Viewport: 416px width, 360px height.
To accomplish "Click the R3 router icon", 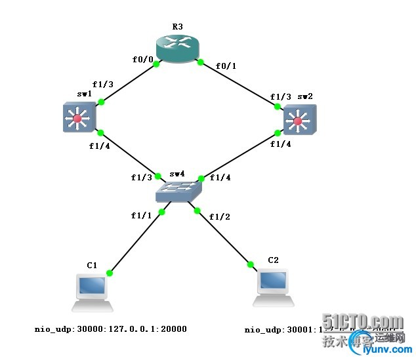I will point(177,49).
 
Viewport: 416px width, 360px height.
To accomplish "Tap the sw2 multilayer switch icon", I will point(299,121).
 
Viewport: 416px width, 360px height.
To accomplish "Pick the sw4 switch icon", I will point(178,191).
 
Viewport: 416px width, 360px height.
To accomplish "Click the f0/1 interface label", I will point(226,65).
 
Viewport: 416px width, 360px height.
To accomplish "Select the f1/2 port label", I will point(219,217).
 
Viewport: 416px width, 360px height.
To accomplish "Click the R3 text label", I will point(177,27).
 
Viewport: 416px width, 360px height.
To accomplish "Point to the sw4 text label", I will point(178,174).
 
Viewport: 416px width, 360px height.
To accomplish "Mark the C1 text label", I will point(92,265).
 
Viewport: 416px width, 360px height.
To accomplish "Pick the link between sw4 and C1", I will point(136,242).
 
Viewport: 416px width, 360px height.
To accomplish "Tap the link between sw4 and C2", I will point(223,237).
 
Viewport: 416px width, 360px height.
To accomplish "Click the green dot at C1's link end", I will point(110,273).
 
